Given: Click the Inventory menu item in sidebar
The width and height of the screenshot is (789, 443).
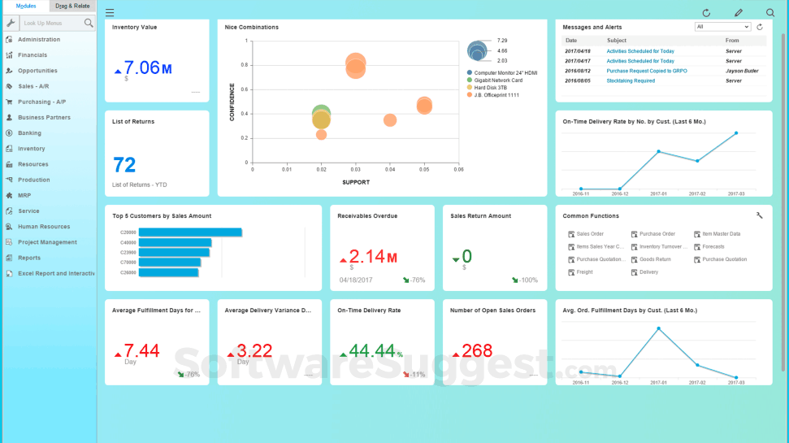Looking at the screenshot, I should (32, 149).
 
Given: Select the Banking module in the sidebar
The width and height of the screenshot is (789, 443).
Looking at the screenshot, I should (29, 133).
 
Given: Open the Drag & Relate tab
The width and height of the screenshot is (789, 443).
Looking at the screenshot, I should (72, 6).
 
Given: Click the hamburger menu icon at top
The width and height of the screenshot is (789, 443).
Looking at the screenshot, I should (110, 13).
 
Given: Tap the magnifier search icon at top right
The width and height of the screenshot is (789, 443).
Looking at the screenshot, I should (770, 13).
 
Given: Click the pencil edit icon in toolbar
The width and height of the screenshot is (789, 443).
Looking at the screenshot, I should (739, 13).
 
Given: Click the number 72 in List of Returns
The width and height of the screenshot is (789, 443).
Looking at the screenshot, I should (124, 166).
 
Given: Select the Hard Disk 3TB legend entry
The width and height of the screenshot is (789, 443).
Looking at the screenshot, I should (492, 88).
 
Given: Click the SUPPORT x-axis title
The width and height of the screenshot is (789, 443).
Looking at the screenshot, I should (355, 182).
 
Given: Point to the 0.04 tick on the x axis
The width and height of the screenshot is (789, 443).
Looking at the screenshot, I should (390, 170).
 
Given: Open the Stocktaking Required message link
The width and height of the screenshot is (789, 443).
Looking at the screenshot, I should (631, 80).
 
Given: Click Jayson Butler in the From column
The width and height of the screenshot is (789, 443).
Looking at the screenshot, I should (742, 71).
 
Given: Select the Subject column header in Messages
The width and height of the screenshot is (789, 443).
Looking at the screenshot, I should (617, 40).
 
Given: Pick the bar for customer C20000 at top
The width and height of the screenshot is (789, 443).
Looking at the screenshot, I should (190, 232).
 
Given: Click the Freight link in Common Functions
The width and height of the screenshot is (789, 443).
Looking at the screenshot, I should (584, 272).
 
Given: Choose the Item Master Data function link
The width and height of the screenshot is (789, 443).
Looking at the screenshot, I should (721, 234).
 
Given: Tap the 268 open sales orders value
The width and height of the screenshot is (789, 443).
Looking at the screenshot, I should (477, 350).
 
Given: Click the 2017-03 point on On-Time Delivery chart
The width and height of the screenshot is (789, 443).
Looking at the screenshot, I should (736, 132).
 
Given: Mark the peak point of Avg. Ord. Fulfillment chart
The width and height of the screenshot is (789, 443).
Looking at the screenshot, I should (658, 328).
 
